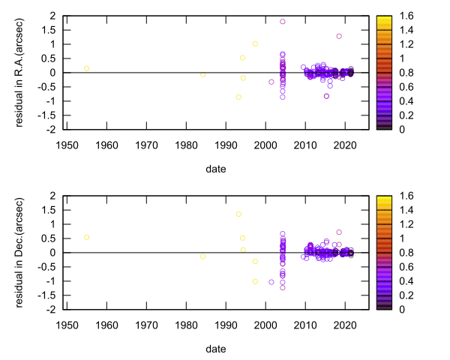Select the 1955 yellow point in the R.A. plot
[86, 68]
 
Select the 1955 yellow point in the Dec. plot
[86, 237]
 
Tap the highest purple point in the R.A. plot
[283, 22]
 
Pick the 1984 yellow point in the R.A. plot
[202, 75]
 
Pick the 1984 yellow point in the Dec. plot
[202, 256]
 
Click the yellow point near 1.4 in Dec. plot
[238, 214]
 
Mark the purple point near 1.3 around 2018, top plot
[339, 36]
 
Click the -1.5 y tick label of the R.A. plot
[50, 115]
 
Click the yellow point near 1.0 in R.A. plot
[255, 43]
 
